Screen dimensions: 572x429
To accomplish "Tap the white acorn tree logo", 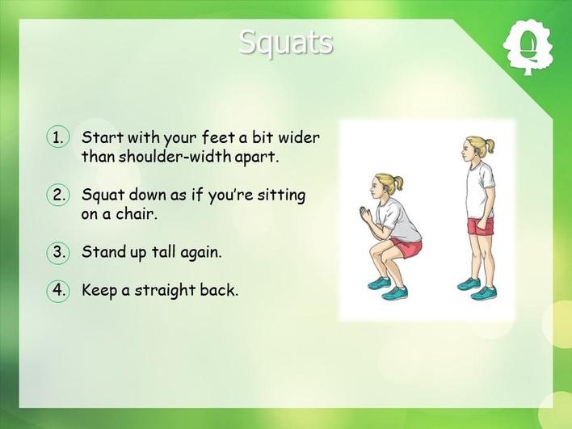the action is click(x=528, y=48).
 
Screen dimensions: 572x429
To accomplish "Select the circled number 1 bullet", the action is click(x=57, y=137).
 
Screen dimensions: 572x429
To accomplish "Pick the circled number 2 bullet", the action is click(x=57, y=195).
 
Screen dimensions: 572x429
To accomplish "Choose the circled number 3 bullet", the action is click(x=57, y=252).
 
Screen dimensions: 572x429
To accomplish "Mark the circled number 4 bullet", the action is click(x=57, y=290).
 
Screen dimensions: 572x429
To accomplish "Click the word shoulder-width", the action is click(x=175, y=157).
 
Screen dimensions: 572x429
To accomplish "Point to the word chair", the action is click(x=137, y=214).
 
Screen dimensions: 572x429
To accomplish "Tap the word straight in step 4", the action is click(x=165, y=291).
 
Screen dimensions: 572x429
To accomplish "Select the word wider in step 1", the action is click(x=299, y=137).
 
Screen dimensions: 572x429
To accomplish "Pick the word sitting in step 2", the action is click(x=281, y=196).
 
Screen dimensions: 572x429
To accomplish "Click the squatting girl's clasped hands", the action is click(x=366, y=214).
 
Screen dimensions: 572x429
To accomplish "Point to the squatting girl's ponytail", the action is click(x=397, y=183).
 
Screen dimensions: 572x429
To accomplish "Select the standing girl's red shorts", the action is click(x=481, y=226).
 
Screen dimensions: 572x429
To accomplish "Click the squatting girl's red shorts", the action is click(x=406, y=247).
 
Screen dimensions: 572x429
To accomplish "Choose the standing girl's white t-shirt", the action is click(x=479, y=191).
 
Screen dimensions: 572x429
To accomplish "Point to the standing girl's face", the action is click(x=467, y=150).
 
